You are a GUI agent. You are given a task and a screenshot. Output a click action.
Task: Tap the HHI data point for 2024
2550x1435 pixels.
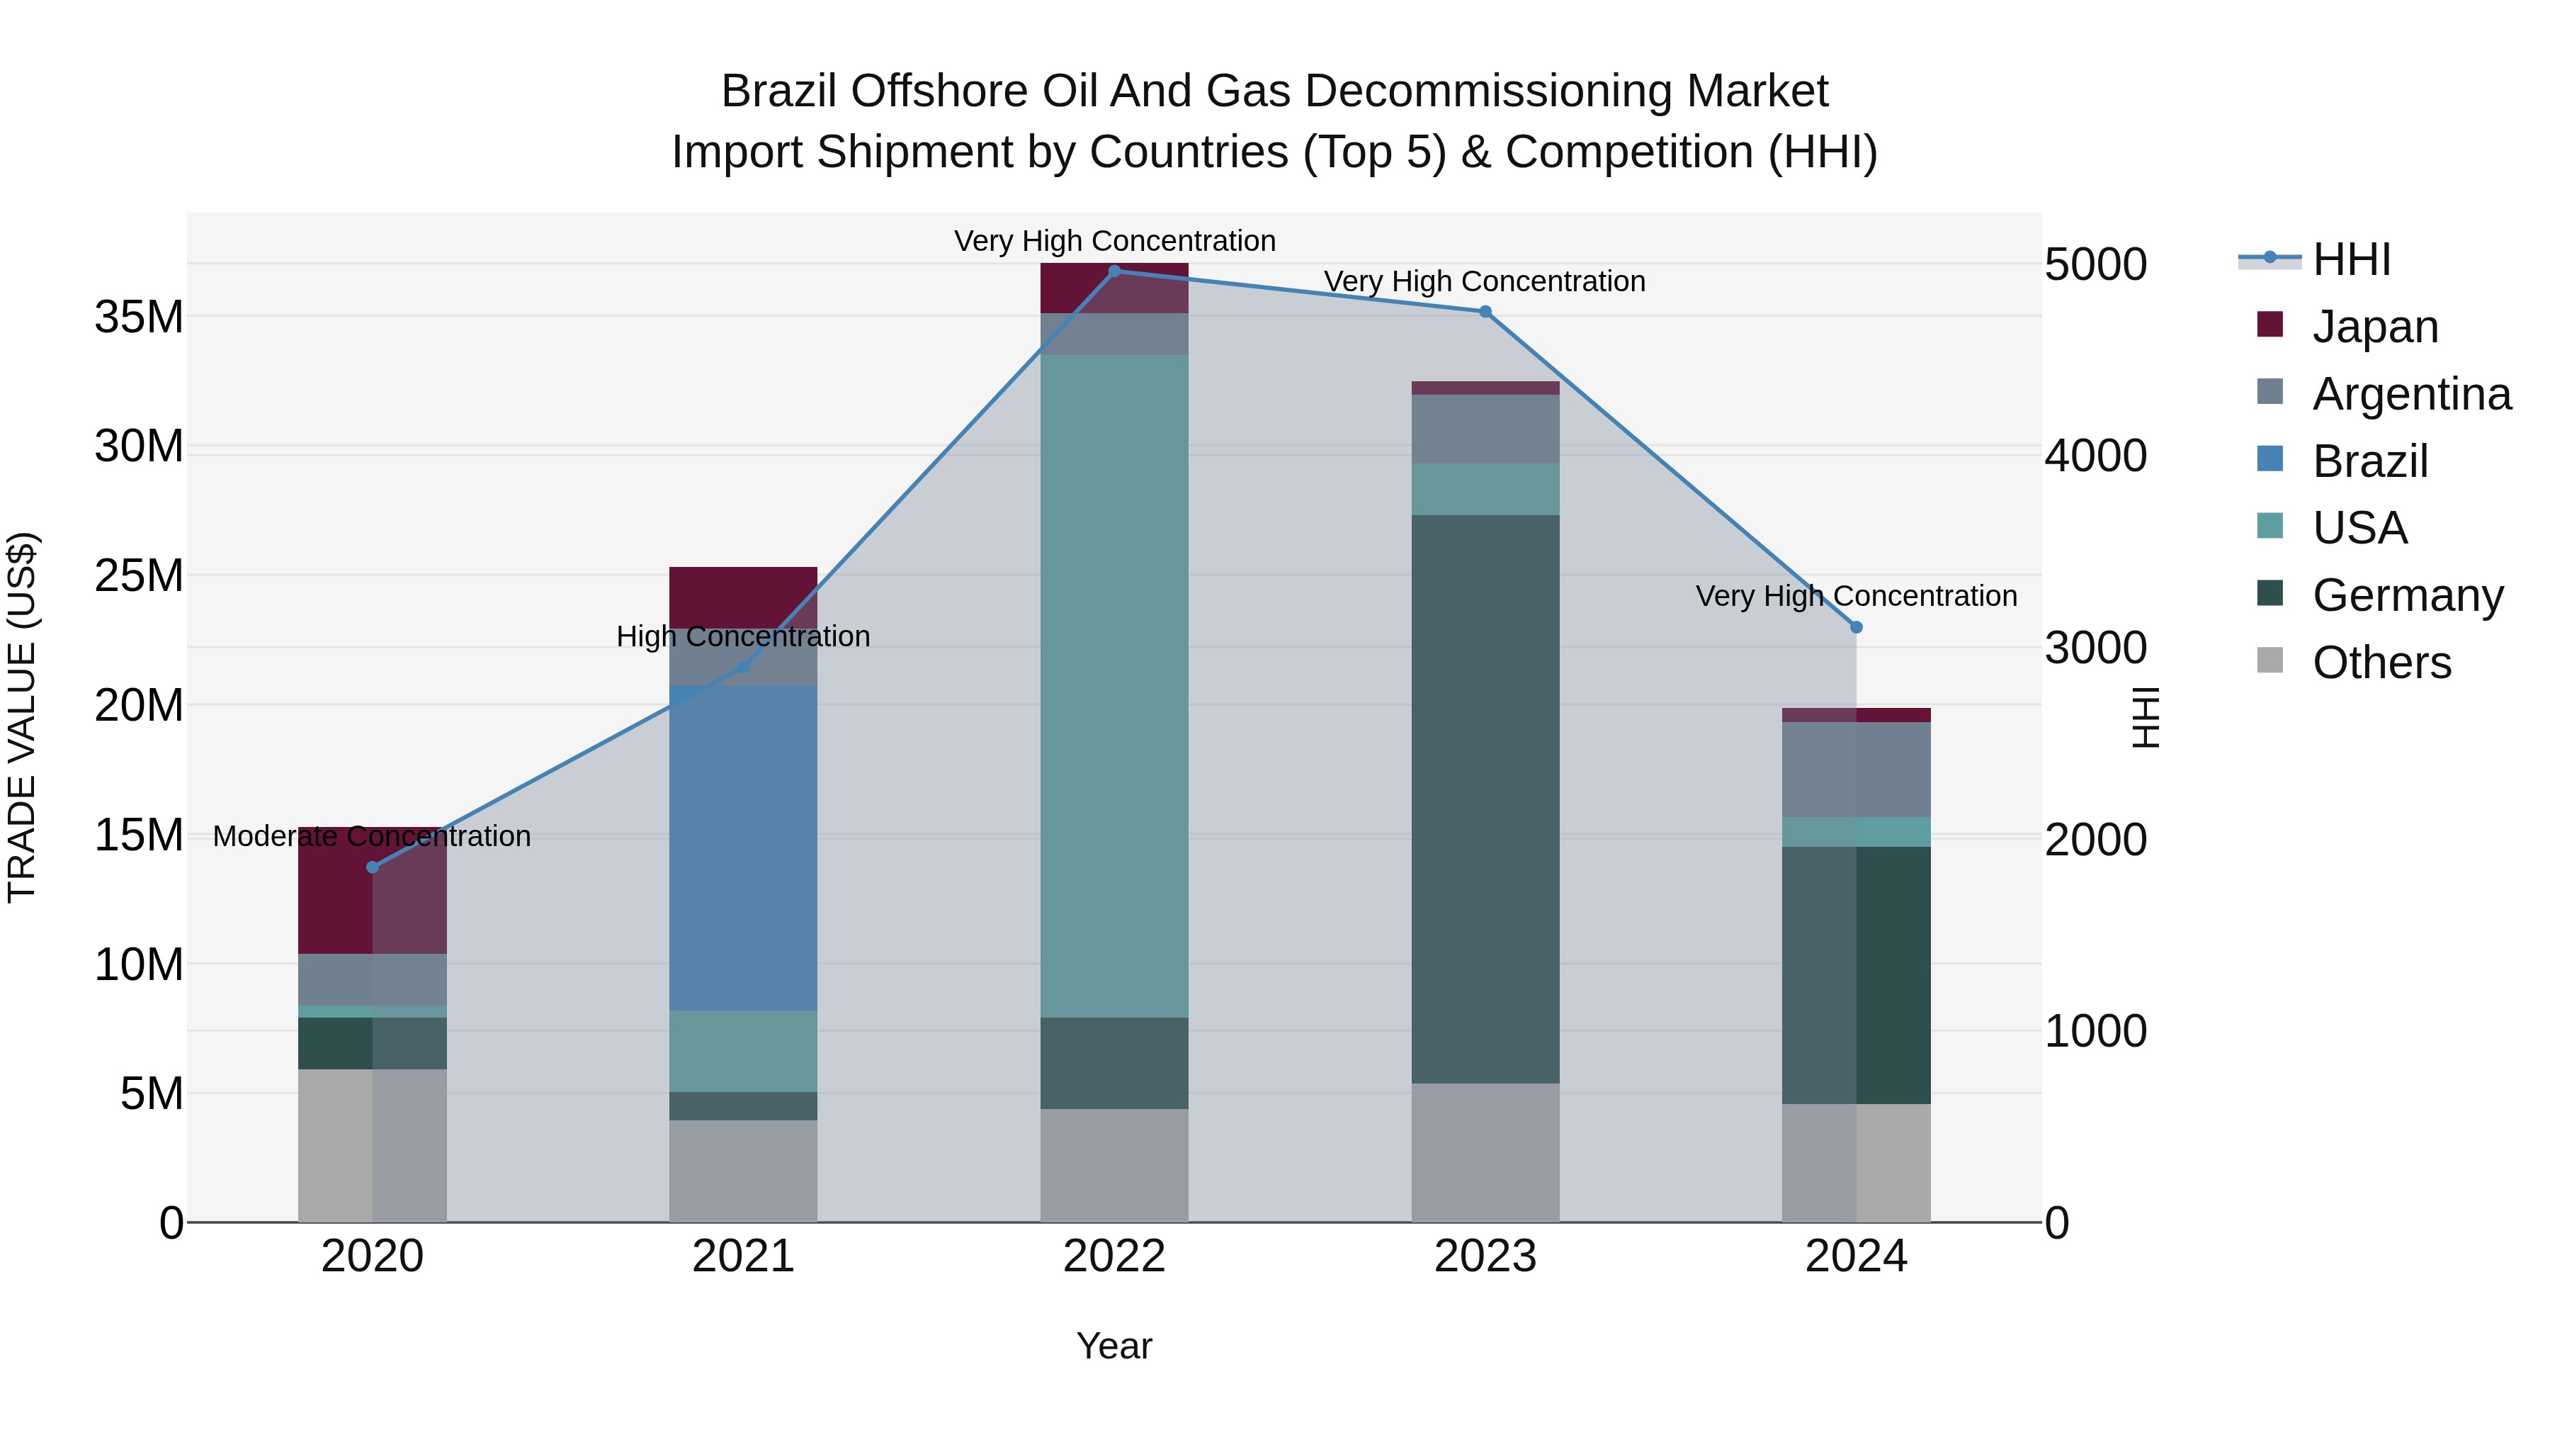pyautogui.click(x=1856, y=627)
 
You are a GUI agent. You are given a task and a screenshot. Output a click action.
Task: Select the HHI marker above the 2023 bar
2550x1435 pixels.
pyautogui.click(x=1485, y=312)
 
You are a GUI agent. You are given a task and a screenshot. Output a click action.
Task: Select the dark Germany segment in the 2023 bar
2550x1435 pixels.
pyautogui.click(x=1485, y=798)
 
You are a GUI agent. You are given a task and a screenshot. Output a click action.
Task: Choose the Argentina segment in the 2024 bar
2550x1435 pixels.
pyautogui.click(x=1856, y=770)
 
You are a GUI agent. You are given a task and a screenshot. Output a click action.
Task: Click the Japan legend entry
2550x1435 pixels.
pyautogui.click(x=2374, y=327)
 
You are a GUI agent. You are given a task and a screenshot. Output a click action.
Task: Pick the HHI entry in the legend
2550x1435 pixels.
pyautogui.click(x=2351, y=259)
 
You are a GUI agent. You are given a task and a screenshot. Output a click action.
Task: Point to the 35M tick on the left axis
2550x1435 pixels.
pyautogui.click(x=139, y=317)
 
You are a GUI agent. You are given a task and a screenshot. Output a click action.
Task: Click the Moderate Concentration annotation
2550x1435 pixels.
pyautogui.click(x=371, y=836)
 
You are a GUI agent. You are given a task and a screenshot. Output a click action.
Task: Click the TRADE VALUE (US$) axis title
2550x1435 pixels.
pyautogui.click(x=23, y=717)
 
